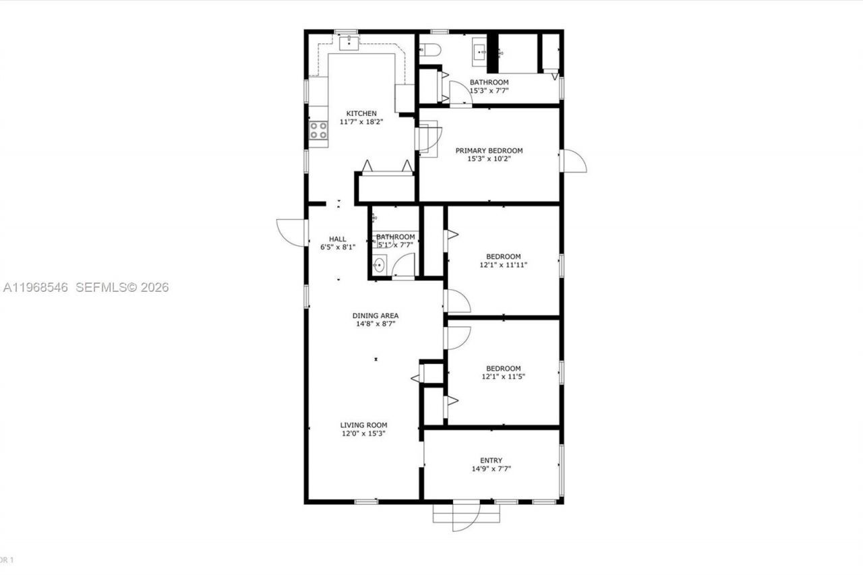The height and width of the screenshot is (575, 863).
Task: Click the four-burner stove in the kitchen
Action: [319, 131]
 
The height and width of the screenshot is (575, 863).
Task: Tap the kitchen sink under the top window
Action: [349, 42]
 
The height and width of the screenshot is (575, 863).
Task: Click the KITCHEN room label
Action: [361, 113]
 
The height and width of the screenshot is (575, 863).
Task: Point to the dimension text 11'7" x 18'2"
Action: [361, 122]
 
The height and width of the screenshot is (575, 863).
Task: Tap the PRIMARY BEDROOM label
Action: [489, 150]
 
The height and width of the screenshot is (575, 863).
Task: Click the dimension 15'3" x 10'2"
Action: [489, 159]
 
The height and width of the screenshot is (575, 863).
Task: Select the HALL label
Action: [338, 239]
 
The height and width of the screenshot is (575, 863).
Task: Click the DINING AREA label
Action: [376, 315]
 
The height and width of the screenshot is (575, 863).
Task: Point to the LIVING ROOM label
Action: [363, 425]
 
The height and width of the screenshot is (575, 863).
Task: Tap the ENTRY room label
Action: [491, 460]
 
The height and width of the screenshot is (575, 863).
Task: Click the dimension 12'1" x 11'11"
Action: [504, 265]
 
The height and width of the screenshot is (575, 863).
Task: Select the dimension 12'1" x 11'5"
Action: [504, 377]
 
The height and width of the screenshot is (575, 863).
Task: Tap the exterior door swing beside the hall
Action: [291, 233]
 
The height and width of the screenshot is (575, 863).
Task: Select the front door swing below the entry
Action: [465, 516]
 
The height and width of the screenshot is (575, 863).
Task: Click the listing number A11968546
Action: [35, 287]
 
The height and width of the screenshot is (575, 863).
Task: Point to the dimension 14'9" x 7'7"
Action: [491, 468]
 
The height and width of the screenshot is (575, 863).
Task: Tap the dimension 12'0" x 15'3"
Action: [363, 433]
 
